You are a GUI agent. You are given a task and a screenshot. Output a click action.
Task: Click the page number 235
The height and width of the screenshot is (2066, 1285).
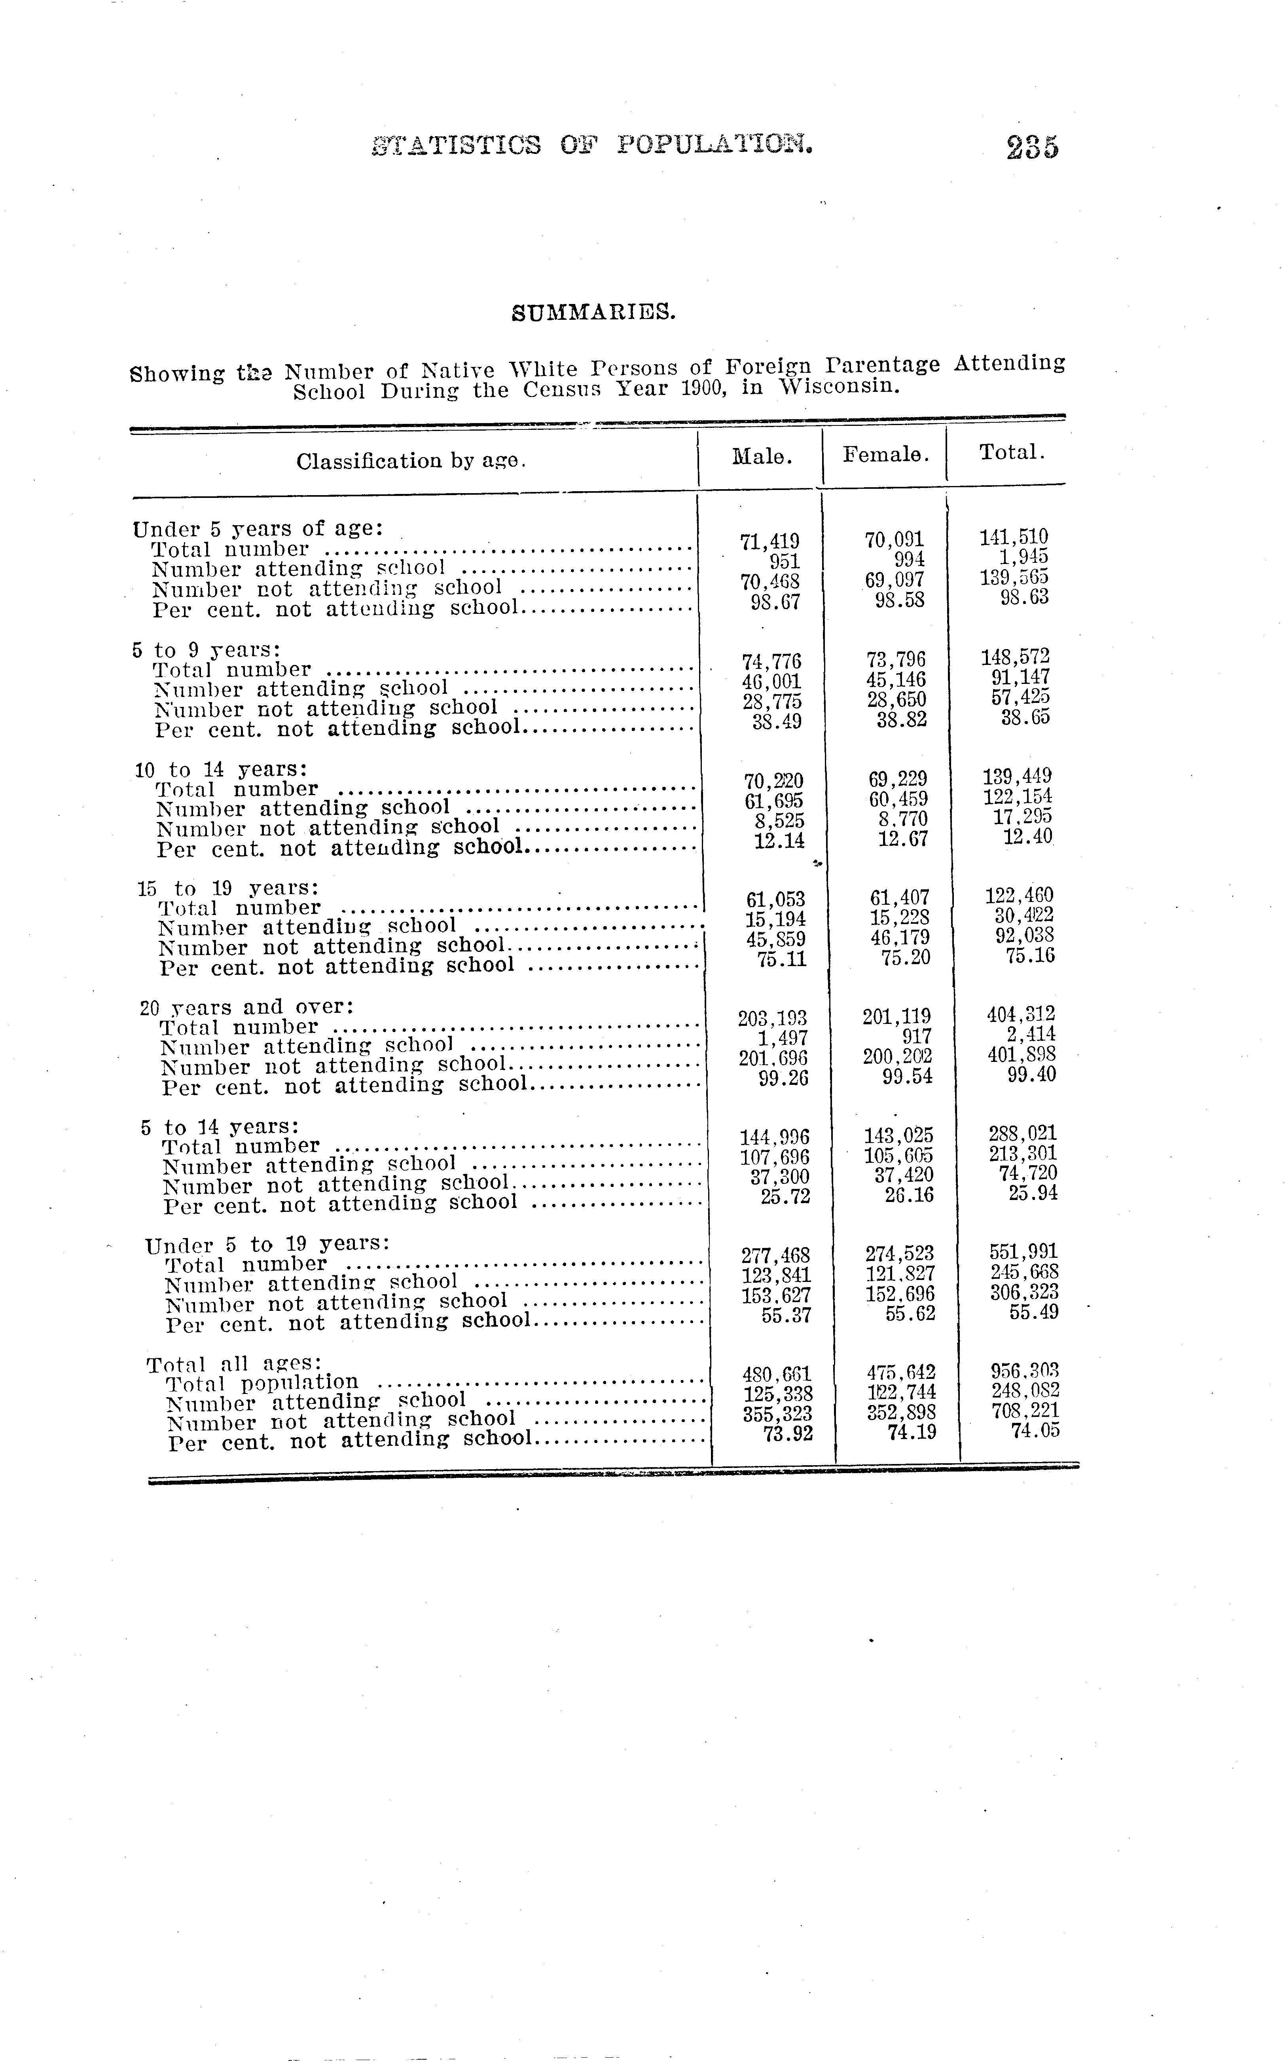pyautogui.click(x=1033, y=147)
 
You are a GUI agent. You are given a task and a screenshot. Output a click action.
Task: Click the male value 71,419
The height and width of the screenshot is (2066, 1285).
pyautogui.click(x=770, y=541)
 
